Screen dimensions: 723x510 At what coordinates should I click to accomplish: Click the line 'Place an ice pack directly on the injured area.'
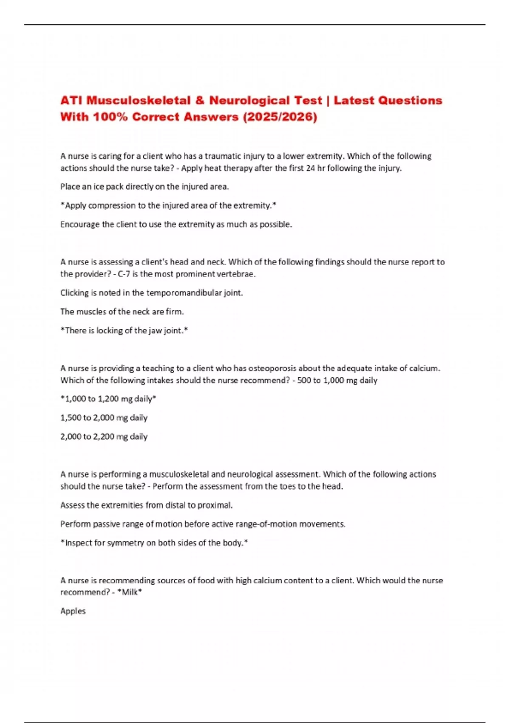click(144, 187)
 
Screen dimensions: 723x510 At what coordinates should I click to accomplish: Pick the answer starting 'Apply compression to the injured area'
click(168, 205)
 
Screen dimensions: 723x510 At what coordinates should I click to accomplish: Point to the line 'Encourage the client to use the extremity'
click(176, 224)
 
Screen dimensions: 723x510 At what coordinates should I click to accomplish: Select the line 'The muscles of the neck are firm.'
click(122, 311)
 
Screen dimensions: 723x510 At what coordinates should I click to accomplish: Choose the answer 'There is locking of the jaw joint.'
click(124, 330)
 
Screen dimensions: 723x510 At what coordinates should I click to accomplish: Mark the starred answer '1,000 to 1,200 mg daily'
click(108, 399)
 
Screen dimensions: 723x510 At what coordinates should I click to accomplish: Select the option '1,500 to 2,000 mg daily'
click(104, 418)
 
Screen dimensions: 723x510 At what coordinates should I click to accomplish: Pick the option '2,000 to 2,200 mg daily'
click(104, 436)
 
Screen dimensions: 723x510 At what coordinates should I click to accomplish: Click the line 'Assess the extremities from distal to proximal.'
click(146, 505)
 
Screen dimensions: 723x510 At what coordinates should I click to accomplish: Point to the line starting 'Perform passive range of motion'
click(203, 524)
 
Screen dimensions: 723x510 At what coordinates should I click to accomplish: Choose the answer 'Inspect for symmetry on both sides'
click(154, 543)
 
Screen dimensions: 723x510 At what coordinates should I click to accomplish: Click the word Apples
click(73, 611)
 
